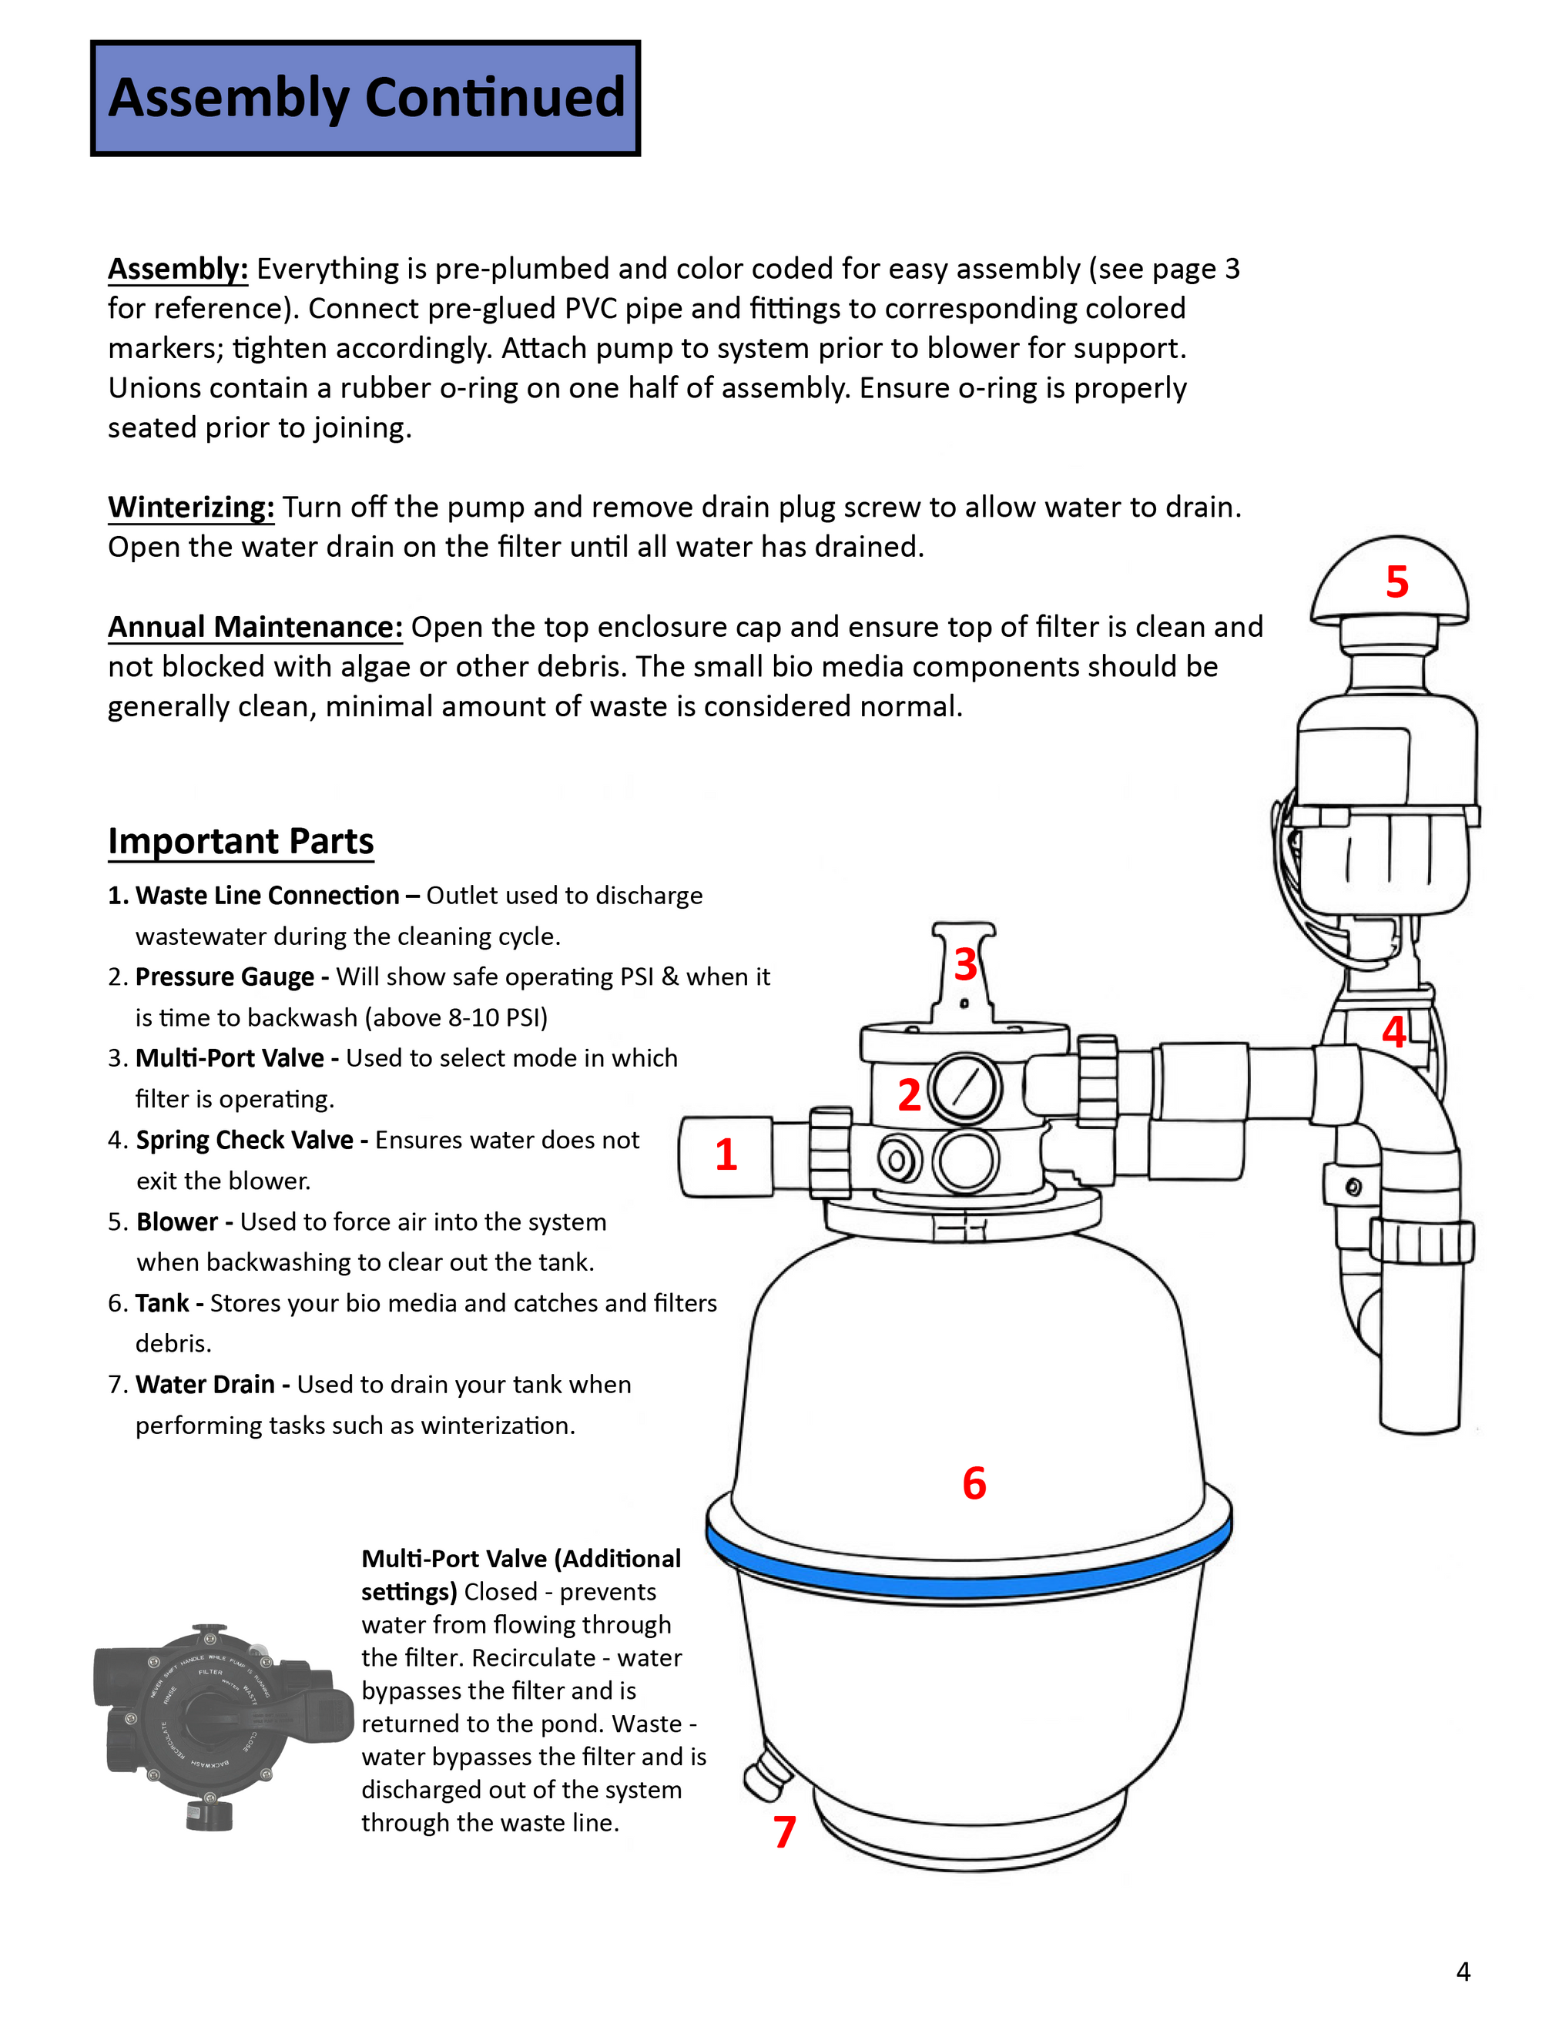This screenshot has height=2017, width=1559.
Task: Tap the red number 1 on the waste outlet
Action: tap(726, 1154)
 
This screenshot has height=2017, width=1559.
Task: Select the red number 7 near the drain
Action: tap(784, 1831)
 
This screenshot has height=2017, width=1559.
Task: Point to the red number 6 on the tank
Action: tap(974, 1483)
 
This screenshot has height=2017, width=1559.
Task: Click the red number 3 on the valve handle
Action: tap(965, 964)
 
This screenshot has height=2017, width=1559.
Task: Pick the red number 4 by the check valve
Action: tap(1393, 1031)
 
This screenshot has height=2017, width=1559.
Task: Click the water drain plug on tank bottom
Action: tap(766, 1776)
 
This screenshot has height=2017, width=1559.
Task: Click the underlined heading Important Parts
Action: tap(241, 841)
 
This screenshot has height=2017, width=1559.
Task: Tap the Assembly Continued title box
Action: tap(366, 98)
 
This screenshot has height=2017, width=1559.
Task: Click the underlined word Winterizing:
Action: tap(191, 507)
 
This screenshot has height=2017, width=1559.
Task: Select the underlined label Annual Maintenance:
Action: tap(255, 626)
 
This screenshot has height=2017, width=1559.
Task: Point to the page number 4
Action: tap(1463, 1971)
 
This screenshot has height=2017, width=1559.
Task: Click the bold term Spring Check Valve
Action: tap(244, 1140)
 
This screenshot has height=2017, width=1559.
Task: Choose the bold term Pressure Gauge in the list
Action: tap(224, 977)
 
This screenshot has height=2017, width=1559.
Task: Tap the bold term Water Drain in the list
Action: tap(205, 1385)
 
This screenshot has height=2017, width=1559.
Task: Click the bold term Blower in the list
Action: tap(176, 1222)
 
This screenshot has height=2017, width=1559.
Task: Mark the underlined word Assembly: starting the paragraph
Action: tap(178, 269)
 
